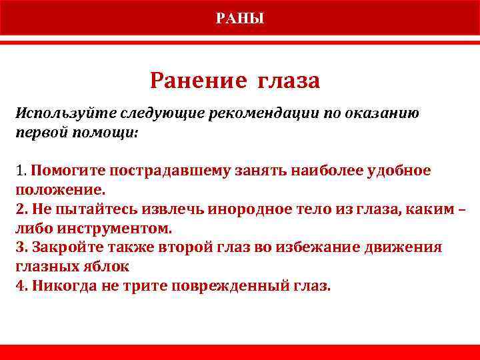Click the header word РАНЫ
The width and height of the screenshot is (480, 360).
[x=240, y=18]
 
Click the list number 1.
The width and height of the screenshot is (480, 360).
[x=19, y=171]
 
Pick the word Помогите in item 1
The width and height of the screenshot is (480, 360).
[x=62, y=171]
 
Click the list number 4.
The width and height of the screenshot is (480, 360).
[x=20, y=286]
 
